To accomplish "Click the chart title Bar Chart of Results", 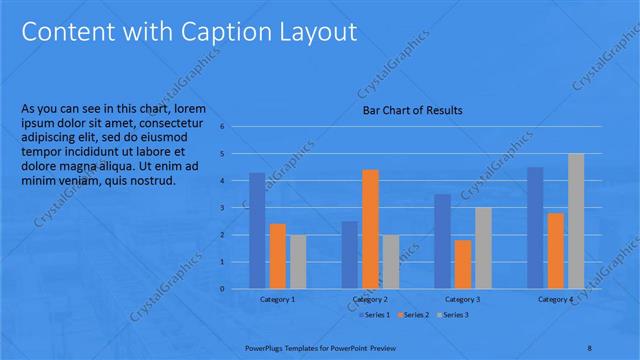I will point(412,111).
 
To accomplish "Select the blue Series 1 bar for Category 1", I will point(257,231).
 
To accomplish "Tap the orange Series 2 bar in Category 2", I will point(370,229).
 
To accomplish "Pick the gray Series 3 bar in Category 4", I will point(576,221).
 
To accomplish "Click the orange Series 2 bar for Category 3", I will point(463,264).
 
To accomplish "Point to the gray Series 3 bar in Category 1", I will point(298,262).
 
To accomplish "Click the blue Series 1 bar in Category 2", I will point(349,255).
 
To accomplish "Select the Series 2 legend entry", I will point(412,315).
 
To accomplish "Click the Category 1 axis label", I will point(277,300).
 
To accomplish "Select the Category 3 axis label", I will point(462,300).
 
